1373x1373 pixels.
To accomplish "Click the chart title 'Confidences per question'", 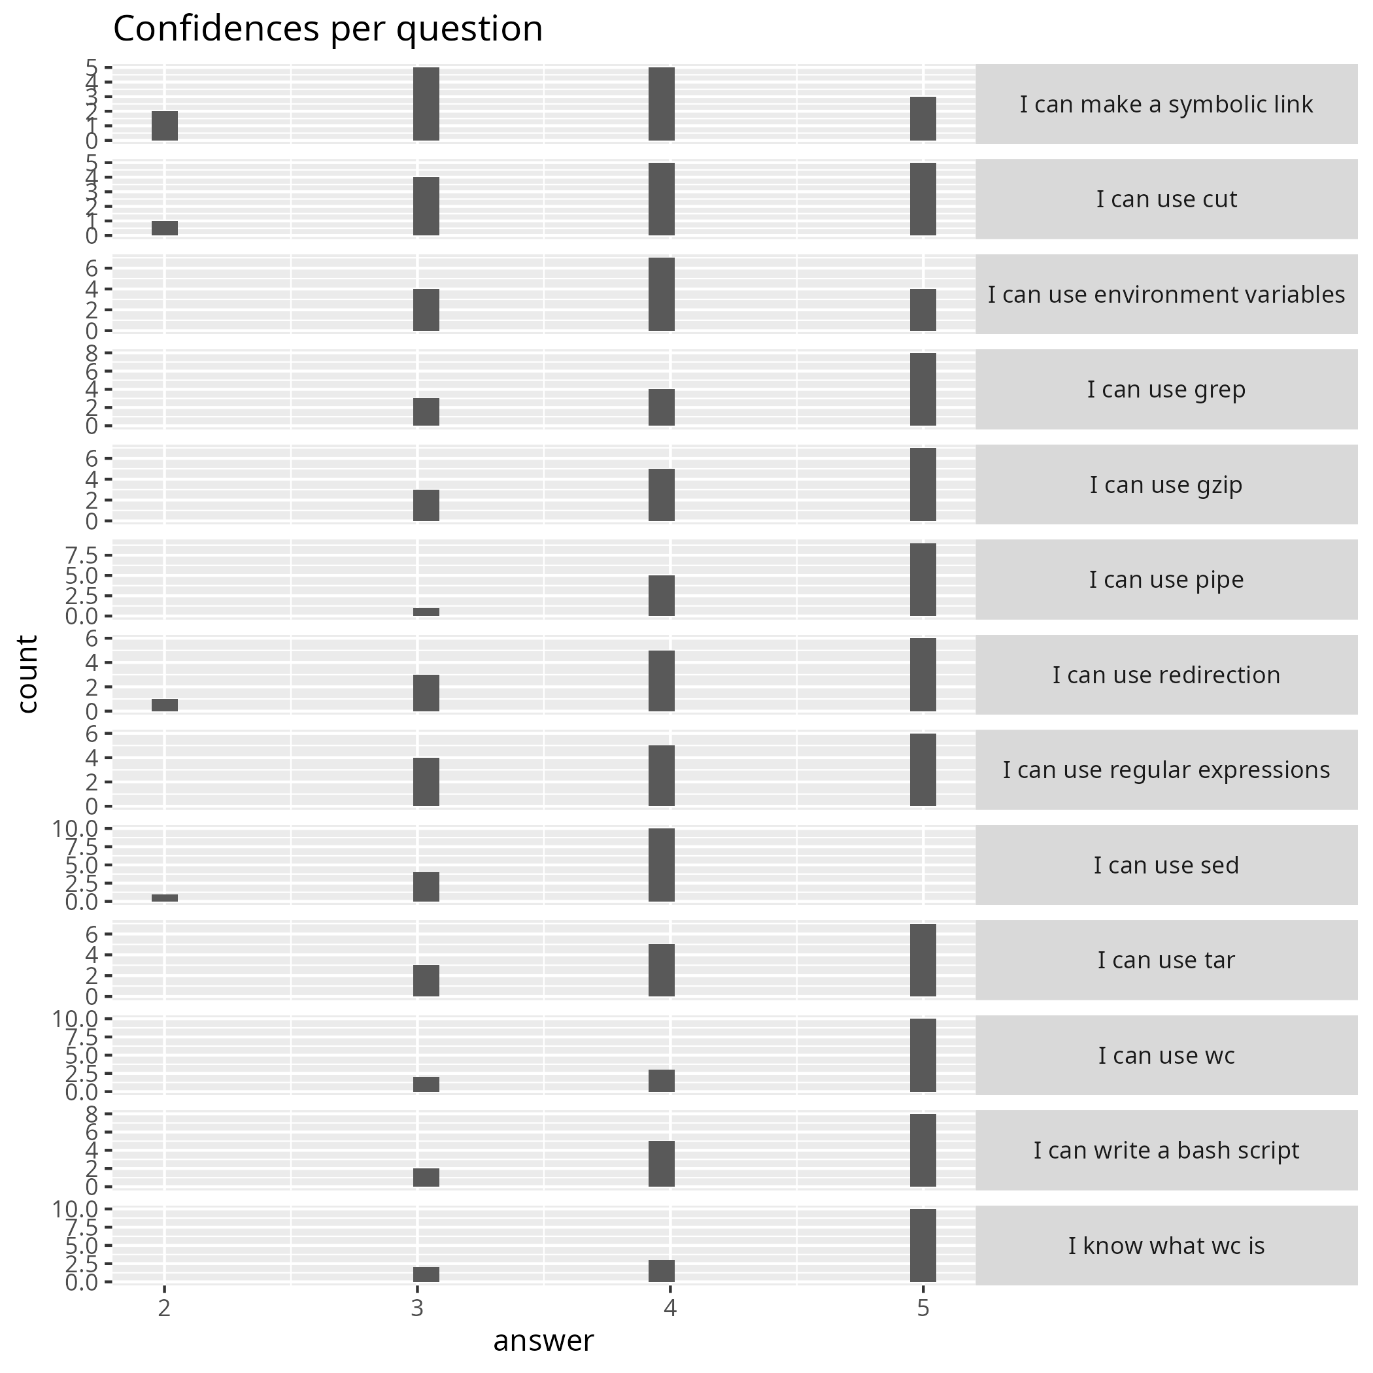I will pos(328,30).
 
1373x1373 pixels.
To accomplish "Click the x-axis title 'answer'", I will pos(543,1340).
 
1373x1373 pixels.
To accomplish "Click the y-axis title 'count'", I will pos(27,673).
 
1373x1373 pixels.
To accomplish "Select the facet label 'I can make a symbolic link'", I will pos(1166,105).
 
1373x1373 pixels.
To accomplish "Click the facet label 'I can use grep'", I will pos(1166,390).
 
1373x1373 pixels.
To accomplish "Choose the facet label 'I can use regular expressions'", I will pos(1166,770).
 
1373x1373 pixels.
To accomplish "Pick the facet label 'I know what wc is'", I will pos(1166,1245).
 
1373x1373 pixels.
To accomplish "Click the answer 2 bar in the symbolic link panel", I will pos(164,126).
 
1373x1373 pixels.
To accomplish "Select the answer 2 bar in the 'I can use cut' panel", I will pos(164,228).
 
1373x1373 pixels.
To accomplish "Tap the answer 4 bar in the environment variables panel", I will pos(661,294).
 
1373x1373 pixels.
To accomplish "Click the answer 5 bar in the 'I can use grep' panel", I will pos(923,390).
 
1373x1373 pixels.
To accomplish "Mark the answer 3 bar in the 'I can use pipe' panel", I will pos(426,612).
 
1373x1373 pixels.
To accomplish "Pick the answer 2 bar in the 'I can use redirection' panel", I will pos(164,705).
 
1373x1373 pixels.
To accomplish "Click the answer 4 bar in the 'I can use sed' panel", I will pos(661,865).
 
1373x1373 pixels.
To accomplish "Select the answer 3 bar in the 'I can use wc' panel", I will pos(426,1084).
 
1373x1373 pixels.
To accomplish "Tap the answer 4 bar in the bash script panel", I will pos(661,1163).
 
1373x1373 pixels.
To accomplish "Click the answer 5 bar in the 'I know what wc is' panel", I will pos(923,1245).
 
